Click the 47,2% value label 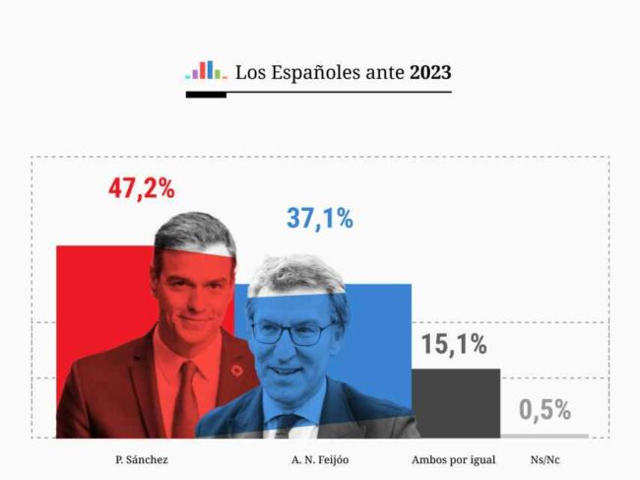click(142, 189)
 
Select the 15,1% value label click(454, 345)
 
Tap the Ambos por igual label click(453, 459)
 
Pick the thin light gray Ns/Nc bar click(544, 435)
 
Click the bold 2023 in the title click(431, 72)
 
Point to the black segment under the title click(206, 95)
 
